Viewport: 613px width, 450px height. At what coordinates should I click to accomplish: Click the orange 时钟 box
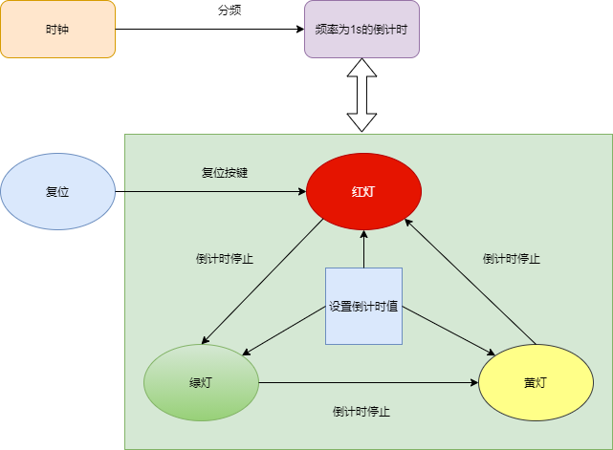[x=57, y=29]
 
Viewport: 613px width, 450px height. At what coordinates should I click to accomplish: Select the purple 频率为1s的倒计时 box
[x=361, y=29]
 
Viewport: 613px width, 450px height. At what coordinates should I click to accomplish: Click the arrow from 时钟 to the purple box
[x=210, y=29]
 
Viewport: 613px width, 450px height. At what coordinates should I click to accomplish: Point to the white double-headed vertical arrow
[x=362, y=95]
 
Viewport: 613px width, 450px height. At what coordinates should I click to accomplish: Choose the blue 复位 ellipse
[x=57, y=192]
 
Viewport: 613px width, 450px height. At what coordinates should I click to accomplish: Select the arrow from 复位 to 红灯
[x=210, y=192]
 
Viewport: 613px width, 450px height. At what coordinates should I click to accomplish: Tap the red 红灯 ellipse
[x=363, y=191]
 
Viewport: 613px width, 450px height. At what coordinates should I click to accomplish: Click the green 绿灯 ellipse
[x=201, y=382]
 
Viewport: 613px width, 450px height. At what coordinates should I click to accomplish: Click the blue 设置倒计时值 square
[x=363, y=306]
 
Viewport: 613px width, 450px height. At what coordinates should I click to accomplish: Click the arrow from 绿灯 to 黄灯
[x=368, y=382]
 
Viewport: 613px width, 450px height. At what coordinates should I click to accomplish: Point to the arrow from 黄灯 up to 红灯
[x=471, y=282]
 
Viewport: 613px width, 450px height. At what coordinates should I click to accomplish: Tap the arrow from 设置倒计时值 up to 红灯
[x=363, y=248]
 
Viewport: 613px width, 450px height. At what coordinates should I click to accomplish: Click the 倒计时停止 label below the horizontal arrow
[x=361, y=412]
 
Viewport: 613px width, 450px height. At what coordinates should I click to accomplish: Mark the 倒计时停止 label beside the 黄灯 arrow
[x=511, y=258]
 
